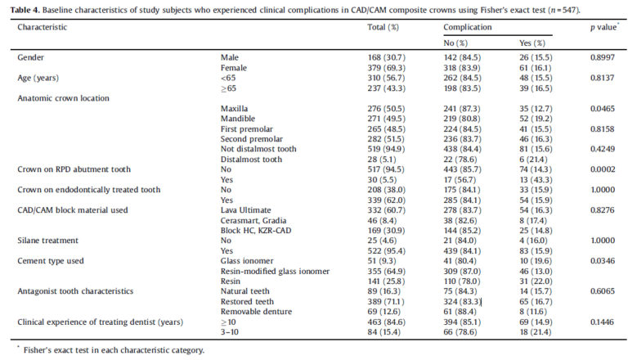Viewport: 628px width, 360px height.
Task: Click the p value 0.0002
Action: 603,169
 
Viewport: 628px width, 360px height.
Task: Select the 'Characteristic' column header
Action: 42,27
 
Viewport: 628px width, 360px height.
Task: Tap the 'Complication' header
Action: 468,27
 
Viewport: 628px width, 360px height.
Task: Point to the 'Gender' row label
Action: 30,57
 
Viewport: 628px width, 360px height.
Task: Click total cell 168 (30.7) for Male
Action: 386,57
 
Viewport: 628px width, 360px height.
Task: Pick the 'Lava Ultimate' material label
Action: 245,210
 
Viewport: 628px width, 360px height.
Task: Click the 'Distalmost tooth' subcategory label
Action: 251,160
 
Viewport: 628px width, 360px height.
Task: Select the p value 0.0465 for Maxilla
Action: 603,108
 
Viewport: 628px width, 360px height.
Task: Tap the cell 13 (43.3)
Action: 536,180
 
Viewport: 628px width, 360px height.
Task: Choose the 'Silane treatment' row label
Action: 47,241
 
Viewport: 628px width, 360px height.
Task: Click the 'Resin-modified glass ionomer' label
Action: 275,271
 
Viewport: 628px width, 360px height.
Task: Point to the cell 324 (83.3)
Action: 462,301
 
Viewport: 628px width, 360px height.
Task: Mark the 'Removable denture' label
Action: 256,312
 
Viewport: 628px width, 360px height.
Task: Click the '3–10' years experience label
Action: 229,332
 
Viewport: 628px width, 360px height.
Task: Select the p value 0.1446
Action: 602,322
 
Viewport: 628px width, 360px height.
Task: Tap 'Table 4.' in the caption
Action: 25,10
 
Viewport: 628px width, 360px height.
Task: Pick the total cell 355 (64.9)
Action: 386,271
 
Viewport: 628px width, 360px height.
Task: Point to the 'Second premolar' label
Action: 252,139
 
